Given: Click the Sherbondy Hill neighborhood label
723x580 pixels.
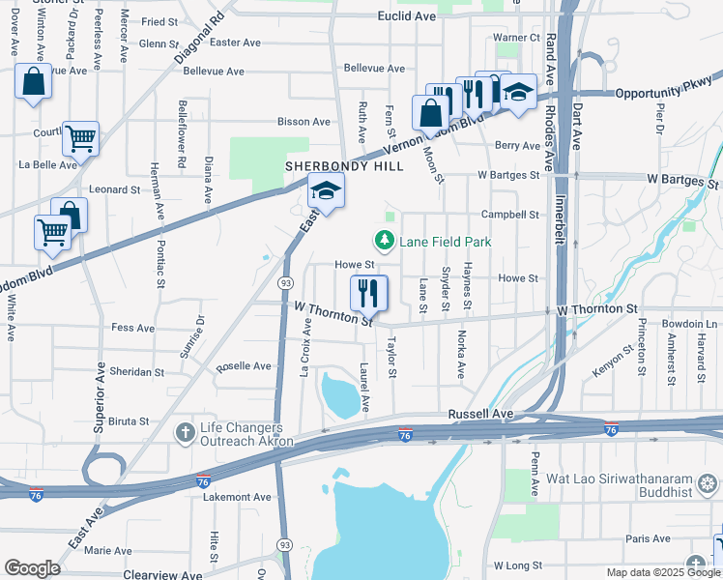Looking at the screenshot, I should click(343, 166).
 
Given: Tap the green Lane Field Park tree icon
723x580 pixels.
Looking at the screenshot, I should click(385, 241).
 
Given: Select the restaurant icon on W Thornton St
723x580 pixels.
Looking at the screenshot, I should click(368, 292).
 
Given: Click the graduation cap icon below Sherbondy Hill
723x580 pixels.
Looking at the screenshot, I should click(327, 191).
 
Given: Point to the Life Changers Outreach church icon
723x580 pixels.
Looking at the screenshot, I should click(185, 433).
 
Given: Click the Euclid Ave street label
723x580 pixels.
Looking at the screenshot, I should click(407, 16).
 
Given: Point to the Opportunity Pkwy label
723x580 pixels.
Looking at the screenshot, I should click(666, 91).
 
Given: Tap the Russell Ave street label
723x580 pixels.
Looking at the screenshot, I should click(479, 414).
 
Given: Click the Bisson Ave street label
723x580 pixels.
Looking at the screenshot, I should click(304, 122).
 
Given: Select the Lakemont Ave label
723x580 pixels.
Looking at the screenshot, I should click(237, 497).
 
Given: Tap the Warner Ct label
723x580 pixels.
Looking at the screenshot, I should click(516, 38).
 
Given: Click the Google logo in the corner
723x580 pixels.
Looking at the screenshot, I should click(32, 567).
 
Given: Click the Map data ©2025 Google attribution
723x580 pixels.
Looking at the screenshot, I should click(662, 572).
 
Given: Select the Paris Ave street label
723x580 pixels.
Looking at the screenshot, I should click(648, 538).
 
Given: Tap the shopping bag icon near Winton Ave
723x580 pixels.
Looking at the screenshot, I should click(33, 83).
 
